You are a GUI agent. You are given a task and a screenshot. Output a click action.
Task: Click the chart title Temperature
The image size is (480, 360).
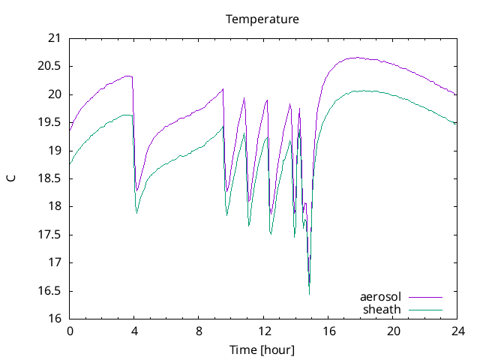(x=262, y=19)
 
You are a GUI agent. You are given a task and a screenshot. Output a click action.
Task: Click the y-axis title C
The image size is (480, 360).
(x=10, y=178)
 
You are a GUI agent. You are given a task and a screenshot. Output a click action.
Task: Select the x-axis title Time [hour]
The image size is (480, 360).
(x=262, y=350)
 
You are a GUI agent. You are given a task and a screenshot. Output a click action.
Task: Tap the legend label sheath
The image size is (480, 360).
(x=382, y=309)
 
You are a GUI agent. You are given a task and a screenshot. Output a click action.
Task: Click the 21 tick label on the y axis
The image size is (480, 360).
(x=54, y=38)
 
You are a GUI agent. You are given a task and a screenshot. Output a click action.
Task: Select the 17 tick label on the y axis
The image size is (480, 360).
(x=54, y=262)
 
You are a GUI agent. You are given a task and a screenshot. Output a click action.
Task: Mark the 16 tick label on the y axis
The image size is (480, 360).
(x=54, y=319)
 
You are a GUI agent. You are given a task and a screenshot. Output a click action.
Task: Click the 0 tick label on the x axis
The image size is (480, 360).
(x=70, y=331)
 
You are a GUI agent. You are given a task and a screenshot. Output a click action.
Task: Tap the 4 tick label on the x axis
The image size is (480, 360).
(x=134, y=331)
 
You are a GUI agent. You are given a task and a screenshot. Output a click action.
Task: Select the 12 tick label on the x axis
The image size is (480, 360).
(x=264, y=331)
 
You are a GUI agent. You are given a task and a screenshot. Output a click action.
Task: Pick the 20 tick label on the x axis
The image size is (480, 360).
(x=393, y=331)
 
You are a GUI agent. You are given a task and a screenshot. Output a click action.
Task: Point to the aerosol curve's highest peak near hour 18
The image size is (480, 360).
(x=357, y=57)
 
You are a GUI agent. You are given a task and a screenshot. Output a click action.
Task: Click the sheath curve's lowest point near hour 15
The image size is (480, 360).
(x=309, y=293)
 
